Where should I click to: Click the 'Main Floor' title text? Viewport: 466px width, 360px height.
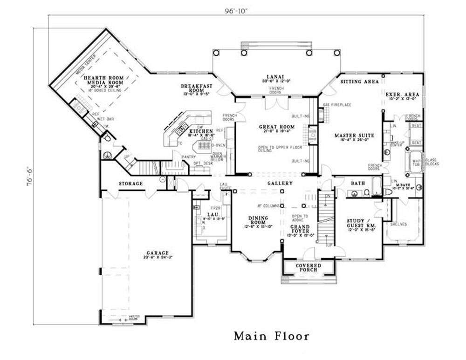tap(271, 336)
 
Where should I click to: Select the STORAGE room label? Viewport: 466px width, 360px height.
tap(130, 183)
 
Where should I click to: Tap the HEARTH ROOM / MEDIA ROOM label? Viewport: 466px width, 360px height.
tap(103, 82)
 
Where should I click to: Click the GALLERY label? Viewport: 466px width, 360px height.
tap(280, 183)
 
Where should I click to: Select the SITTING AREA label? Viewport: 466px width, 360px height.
tap(359, 82)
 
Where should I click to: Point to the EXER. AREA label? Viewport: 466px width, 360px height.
tap(402, 94)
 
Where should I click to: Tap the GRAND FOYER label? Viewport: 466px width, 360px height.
tap(300, 229)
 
